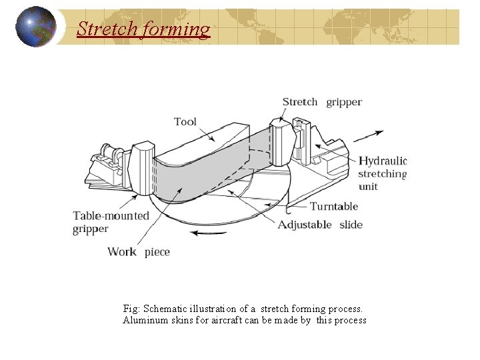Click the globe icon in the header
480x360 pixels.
[36, 27]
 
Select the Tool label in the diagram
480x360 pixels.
[185, 121]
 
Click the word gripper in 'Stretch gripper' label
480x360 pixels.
[344, 102]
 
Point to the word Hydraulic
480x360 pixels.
[382, 161]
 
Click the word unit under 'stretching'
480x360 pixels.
[368, 186]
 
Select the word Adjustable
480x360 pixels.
[305, 225]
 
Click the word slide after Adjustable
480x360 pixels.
[351, 225]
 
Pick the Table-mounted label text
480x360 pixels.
[111, 215]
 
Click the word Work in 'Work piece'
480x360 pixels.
[122, 252]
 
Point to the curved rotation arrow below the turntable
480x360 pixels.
[209, 233]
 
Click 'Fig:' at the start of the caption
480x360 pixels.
[131, 309]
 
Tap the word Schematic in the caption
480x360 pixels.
[165, 309]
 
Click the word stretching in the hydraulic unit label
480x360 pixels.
[382, 173]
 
